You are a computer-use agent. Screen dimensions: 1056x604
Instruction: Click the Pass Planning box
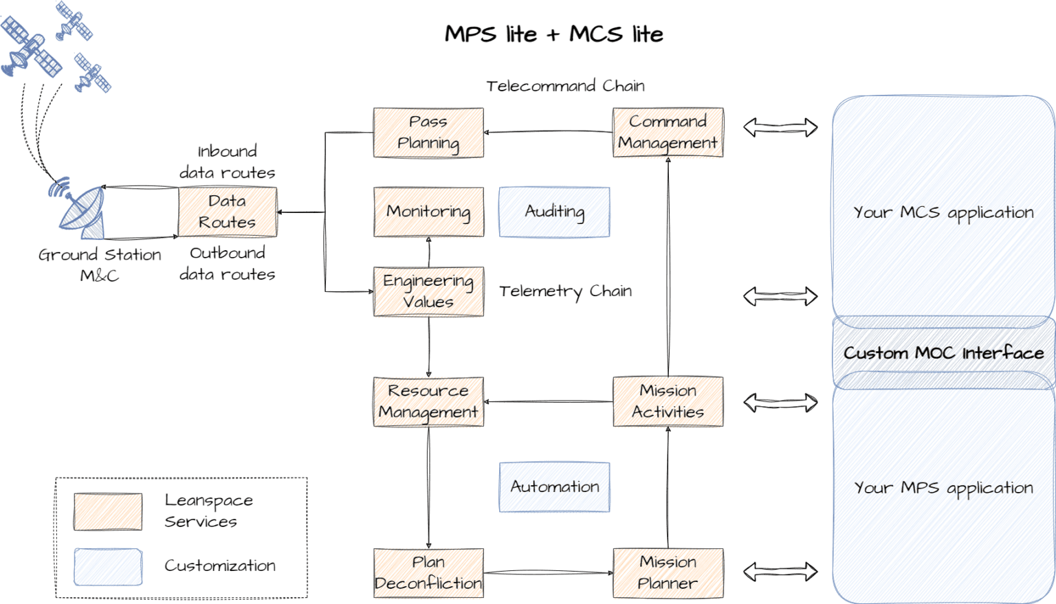tap(428, 133)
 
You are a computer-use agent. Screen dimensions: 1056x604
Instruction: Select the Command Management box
tap(668, 133)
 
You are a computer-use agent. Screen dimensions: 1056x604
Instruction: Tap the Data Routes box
tap(228, 212)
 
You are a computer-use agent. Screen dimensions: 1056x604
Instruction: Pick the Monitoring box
tap(428, 212)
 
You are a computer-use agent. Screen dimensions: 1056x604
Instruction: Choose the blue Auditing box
tap(554, 212)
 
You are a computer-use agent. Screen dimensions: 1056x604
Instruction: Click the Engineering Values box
tap(428, 291)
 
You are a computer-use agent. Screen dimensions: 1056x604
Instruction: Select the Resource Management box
tap(428, 402)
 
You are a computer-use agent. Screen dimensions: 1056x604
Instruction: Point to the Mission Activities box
tap(668, 402)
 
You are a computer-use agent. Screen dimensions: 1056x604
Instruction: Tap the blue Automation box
tap(554, 487)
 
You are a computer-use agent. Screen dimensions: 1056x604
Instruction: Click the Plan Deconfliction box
tap(428, 573)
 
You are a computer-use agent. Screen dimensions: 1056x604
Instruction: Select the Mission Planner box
tap(668, 573)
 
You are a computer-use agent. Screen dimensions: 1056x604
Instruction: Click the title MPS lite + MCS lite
tap(554, 34)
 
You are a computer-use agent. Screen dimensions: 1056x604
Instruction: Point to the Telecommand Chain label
tap(565, 86)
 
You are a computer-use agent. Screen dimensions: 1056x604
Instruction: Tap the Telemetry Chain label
tap(565, 291)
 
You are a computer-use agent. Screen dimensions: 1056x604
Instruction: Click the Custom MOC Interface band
tap(944, 353)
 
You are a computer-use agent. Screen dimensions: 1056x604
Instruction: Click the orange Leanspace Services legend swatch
tap(108, 512)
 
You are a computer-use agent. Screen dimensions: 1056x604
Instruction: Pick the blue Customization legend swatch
tap(108, 567)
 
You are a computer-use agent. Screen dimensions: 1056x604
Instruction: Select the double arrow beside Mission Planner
tap(780, 572)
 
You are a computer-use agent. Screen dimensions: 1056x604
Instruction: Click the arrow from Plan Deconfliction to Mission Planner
tap(549, 573)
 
